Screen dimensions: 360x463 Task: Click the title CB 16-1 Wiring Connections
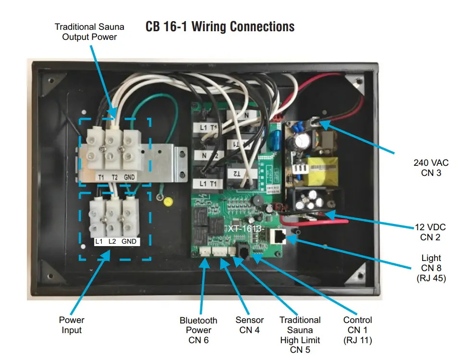pos(220,26)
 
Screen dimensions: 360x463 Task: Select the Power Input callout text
pos(72,325)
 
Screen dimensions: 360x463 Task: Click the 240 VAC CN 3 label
pos(430,168)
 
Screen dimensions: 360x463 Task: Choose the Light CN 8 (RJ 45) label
pos(430,268)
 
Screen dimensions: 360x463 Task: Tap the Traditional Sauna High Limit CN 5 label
pos(300,335)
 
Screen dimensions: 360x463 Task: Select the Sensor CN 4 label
pos(249,325)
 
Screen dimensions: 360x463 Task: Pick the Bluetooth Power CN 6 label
pos(198,330)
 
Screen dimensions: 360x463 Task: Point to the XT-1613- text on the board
pos(246,228)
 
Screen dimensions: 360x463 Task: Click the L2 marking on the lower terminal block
pos(113,241)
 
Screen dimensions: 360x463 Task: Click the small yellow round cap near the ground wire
pos(168,201)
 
